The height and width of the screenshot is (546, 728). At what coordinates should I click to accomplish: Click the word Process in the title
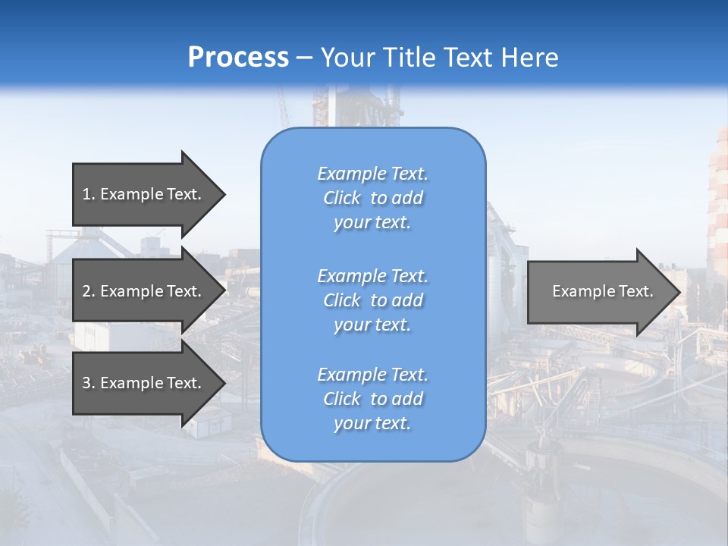[238, 58]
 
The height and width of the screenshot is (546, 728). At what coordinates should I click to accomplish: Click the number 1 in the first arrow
[86, 194]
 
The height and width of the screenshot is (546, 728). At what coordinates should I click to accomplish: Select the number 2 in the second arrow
[86, 291]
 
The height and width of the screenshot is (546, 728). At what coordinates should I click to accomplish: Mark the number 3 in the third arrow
[86, 383]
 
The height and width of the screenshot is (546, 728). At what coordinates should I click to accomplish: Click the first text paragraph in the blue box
[372, 198]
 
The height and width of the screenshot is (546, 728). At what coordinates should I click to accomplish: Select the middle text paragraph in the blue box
[372, 300]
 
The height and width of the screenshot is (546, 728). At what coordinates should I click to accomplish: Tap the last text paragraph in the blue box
[372, 399]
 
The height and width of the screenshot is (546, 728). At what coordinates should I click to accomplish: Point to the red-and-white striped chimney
[717, 205]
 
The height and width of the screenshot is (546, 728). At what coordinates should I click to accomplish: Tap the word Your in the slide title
[347, 58]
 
